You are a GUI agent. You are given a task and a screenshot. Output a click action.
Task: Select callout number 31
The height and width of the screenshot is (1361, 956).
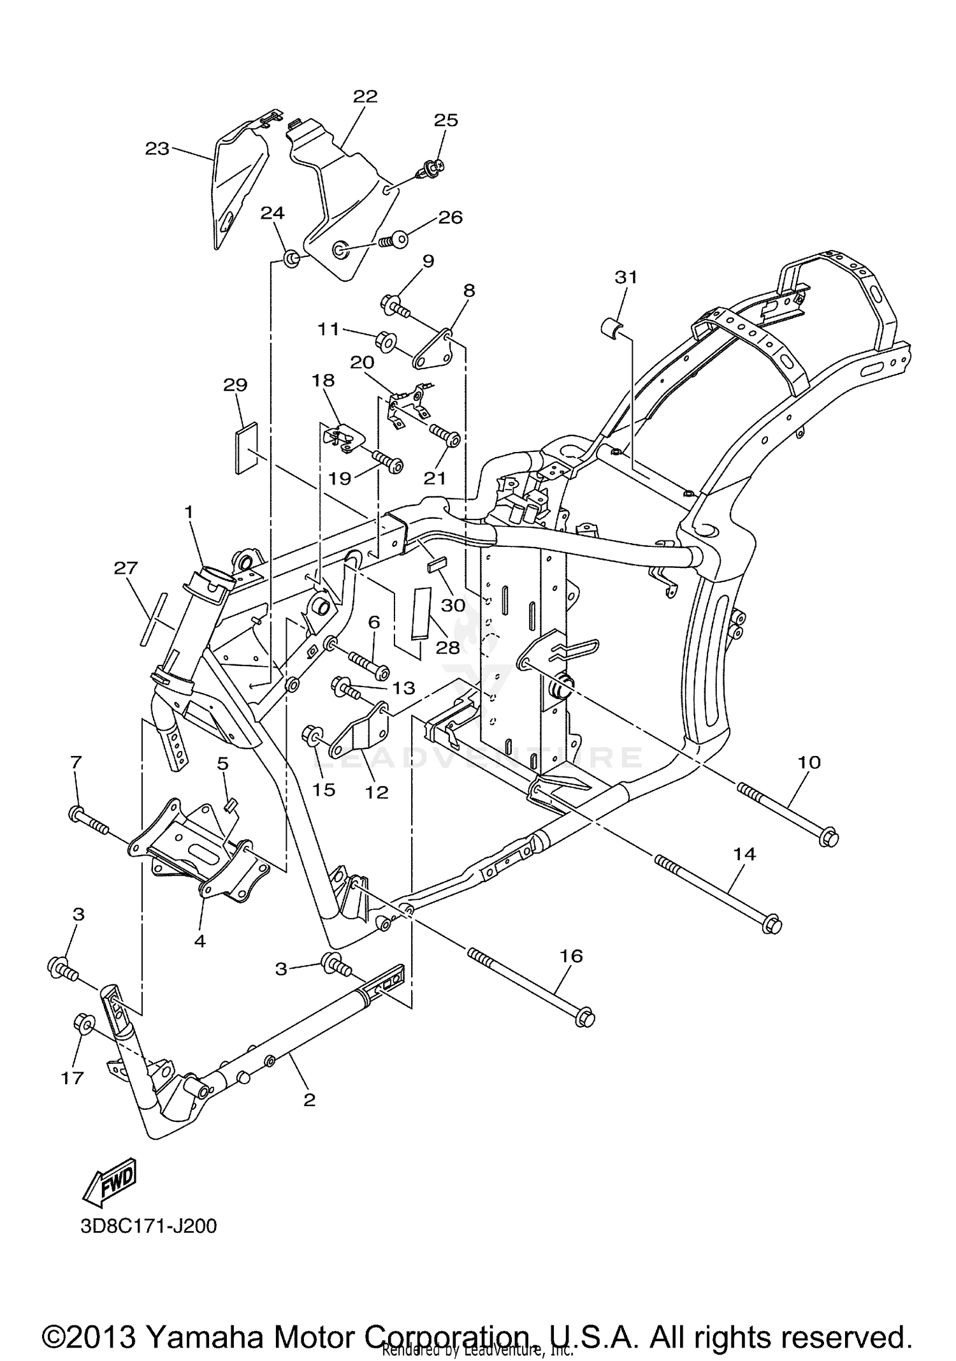click(626, 277)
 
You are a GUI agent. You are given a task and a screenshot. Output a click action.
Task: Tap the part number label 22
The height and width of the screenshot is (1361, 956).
click(365, 96)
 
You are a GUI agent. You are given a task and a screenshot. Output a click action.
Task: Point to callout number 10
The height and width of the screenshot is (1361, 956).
click(809, 762)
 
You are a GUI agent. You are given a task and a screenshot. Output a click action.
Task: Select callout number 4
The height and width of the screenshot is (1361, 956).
click(200, 940)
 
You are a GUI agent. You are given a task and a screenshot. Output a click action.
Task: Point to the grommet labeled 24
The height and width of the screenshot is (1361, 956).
click(292, 259)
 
